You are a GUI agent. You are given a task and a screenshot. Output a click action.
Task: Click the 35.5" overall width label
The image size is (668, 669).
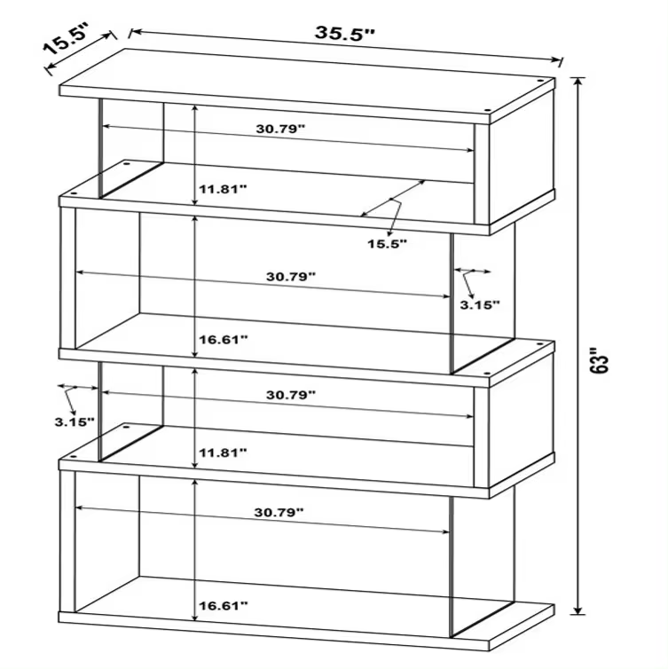(x=345, y=34)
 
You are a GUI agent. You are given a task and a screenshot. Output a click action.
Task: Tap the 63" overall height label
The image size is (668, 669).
(x=600, y=361)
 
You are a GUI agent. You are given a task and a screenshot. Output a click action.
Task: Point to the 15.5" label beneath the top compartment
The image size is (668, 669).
(x=388, y=244)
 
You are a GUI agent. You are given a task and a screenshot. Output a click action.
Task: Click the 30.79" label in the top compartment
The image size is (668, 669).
(x=280, y=129)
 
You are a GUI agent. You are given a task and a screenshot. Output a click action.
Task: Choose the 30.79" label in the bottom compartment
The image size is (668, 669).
(x=279, y=512)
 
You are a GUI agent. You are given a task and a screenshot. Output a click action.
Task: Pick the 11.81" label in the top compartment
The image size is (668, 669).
(x=223, y=189)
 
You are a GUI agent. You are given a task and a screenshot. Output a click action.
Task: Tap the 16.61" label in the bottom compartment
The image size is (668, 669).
(x=223, y=605)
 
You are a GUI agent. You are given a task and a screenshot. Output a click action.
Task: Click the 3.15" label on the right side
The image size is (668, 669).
(x=479, y=304)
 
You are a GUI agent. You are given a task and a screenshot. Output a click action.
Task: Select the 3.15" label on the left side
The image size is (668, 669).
(x=75, y=422)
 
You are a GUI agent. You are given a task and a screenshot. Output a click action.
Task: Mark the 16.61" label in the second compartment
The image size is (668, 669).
(x=223, y=340)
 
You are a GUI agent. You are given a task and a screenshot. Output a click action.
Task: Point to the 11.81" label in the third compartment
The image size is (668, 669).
(x=223, y=453)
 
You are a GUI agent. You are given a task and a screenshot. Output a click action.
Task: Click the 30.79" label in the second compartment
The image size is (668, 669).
(x=291, y=277)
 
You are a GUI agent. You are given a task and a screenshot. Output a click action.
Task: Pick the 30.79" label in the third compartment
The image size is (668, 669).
(x=291, y=395)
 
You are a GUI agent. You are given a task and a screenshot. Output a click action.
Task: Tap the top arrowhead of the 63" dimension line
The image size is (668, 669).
(x=578, y=81)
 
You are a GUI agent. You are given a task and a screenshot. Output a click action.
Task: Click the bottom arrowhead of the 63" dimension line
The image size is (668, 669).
(x=578, y=610)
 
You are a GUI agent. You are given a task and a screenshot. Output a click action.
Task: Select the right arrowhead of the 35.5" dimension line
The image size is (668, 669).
(x=556, y=59)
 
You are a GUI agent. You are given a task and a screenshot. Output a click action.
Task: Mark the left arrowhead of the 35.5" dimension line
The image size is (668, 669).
(x=135, y=32)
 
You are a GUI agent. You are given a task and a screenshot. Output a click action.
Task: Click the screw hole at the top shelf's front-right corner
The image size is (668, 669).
(x=488, y=111)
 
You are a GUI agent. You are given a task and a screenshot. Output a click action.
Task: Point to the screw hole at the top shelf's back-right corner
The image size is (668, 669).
(x=540, y=81)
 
